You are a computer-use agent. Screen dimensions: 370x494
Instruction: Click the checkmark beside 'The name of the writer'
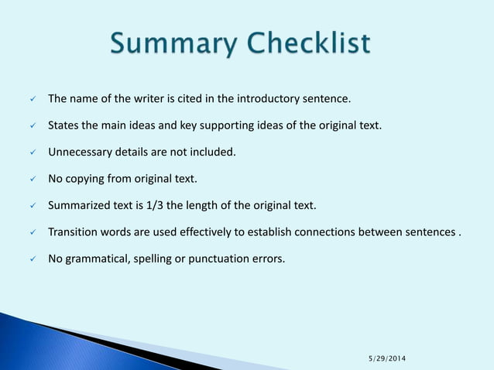[32, 99]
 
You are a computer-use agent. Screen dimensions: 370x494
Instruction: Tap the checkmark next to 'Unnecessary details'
[32, 152]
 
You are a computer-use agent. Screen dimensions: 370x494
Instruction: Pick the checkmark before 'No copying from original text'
[32, 180]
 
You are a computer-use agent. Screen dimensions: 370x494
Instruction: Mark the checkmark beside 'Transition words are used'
[32, 232]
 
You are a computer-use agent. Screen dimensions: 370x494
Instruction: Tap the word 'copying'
[87, 180]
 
